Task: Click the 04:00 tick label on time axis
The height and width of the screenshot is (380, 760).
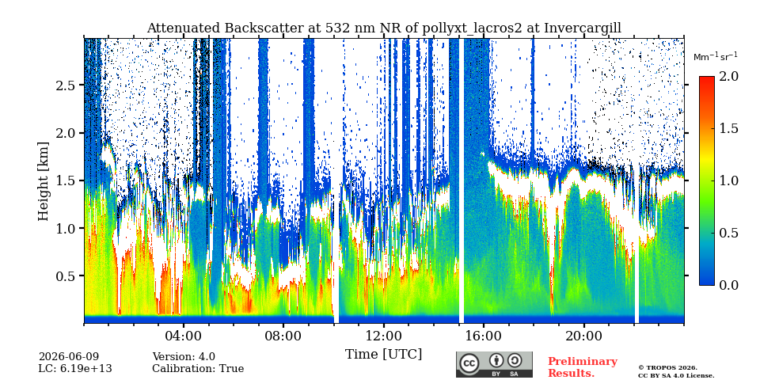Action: click(x=183, y=336)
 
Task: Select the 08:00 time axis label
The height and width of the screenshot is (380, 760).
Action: click(x=283, y=336)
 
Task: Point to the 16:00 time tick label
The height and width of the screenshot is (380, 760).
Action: click(x=484, y=336)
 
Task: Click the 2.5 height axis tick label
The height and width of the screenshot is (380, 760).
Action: click(x=66, y=85)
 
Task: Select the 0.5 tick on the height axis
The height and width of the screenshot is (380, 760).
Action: click(x=66, y=275)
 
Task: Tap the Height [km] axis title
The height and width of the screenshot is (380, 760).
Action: click(x=44, y=181)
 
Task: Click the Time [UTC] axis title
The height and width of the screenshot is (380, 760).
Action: click(x=383, y=354)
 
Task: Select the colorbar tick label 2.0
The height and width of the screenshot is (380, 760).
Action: click(x=728, y=76)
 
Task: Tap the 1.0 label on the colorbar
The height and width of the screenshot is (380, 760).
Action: click(x=728, y=180)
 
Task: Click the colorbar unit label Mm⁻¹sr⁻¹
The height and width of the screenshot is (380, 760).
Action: click(x=714, y=56)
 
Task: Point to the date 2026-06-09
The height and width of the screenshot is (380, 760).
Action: click(x=68, y=357)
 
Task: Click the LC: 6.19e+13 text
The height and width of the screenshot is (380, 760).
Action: click(x=75, y=368)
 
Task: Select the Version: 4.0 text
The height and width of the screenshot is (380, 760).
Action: click(x=184, y=357)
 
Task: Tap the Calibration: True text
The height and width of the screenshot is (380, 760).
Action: click(x=198, y=368)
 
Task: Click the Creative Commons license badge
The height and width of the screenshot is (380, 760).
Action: click(x=494, y=364)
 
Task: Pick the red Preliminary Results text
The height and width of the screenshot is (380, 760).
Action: click(x=583, y=367)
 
